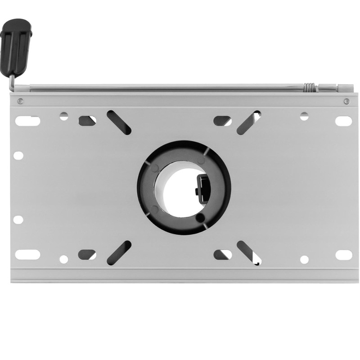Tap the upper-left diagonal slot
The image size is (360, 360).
click(119, 121)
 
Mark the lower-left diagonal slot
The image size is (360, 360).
click(119, 252)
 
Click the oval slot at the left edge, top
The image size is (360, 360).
click(27, 121)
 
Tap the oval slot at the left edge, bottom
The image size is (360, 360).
click(27, 254)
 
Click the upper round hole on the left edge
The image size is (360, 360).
click(18, 155)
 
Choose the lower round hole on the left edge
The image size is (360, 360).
click(18, 219)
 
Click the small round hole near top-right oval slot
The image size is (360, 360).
click(305, 116)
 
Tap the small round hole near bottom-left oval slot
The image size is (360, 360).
click(64, 259)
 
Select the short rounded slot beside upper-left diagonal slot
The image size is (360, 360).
click(87, 120)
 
